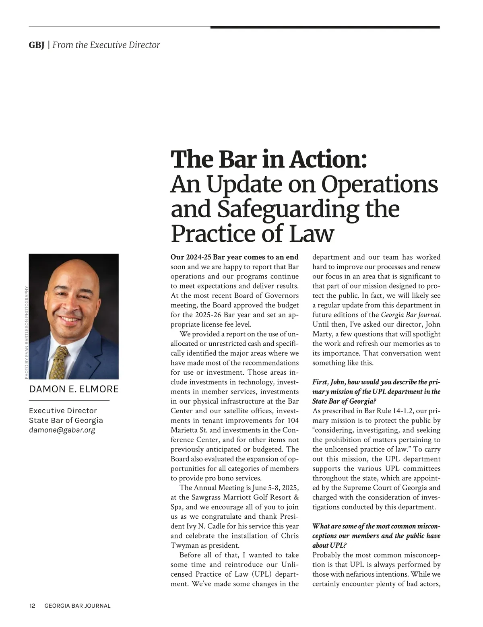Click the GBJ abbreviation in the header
coord(37,45)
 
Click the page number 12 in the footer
coord(32,606)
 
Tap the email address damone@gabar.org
coord(62,430)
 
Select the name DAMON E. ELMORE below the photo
coord(74,389)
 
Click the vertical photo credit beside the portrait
coord(27,332)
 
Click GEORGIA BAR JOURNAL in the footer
coord(77,606)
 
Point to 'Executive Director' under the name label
coord(63,410)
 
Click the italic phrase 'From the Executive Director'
coord(106,45)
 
